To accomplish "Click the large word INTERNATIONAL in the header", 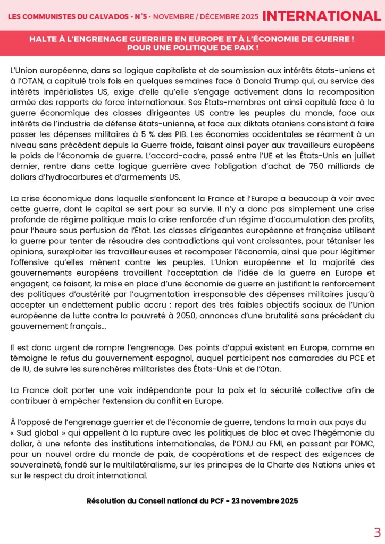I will point(321,16).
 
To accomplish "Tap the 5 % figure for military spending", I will point(159,134).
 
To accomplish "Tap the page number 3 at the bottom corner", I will point(377,532).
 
